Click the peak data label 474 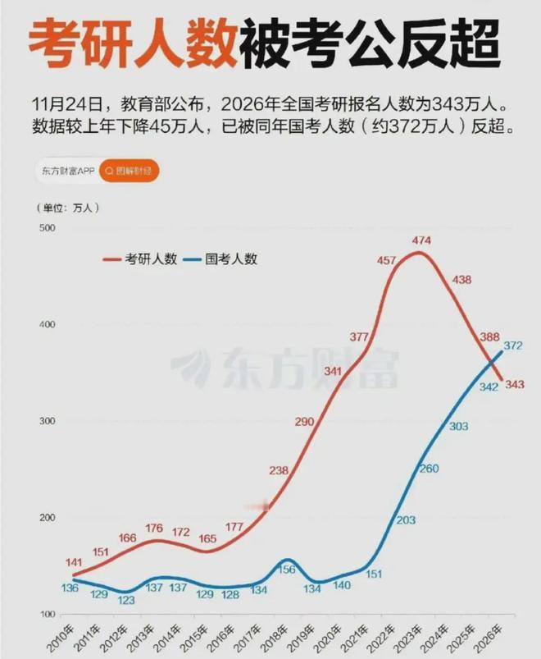coord(421,240)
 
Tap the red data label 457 coord(386,261)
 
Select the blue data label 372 coord(513,346)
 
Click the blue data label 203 coord(405,520)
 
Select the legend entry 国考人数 coord(231,259)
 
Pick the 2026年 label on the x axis coord(493,636)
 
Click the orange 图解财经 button coord(130,171)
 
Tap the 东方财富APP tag coord(68,171)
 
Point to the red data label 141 coord(72,538)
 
